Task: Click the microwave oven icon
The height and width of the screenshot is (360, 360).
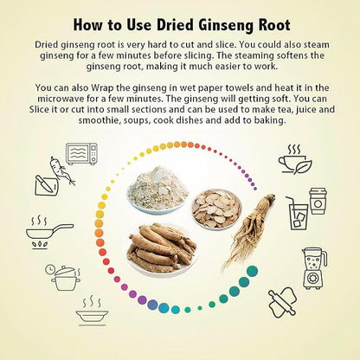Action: click(81, 154)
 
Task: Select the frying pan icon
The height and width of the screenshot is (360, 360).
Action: click(49, 232)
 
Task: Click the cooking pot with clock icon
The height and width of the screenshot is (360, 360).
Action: click(63, 277)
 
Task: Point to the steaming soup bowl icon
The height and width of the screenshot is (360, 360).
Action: click(92, 311)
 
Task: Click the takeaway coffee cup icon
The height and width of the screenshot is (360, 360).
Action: click(318, 201)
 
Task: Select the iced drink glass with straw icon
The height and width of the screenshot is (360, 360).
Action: click(298, 214)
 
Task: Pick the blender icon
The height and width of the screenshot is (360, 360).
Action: click(314, 268)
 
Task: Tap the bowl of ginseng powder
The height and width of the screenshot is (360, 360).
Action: click(157, 190)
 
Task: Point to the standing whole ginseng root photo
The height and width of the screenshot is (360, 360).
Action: click(248, 231)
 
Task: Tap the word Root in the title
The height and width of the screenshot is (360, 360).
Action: click(273, 25)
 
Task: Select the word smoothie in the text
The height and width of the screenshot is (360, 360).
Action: click(100, 120)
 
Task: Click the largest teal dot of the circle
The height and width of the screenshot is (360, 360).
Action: click(252, 272)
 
